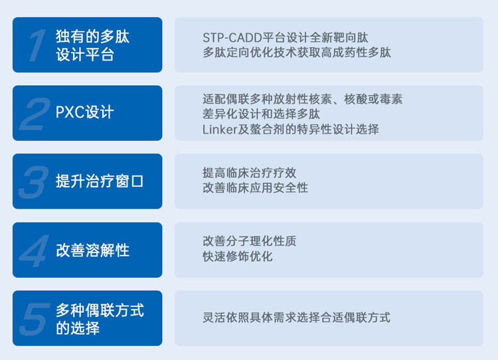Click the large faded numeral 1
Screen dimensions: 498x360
(x=37, y=45)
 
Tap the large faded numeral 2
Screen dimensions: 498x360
(x=35, y=114)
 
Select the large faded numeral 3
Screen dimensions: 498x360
(x=34, y=182)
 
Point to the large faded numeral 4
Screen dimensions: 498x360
(x=35, y=251)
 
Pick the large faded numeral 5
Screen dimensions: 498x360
(x=35, y=319)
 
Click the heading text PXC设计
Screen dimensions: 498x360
(x=84, y=112)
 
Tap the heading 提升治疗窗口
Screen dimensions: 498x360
(x=100, y=181)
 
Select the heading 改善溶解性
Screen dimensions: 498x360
(x=92, y=250)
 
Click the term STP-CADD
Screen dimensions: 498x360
(x=232, y=38)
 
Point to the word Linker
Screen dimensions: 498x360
(x=220, y=130)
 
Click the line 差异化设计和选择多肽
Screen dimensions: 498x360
(x=261, y=114)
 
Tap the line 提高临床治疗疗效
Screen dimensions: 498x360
(x=249, y=173)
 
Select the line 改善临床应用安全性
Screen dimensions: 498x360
(x=256, y=188)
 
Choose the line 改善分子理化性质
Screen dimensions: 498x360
(x=249, y=241)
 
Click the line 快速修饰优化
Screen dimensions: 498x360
(x=238, y=256)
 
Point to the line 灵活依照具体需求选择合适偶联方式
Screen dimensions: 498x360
(x=296, y=317)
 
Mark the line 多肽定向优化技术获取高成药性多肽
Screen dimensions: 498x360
(x=297, y=52)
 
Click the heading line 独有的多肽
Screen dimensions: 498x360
(x=92, y=37)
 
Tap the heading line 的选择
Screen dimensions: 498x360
(x=78, y=328)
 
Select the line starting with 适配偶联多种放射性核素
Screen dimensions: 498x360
(x=302, y=99)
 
